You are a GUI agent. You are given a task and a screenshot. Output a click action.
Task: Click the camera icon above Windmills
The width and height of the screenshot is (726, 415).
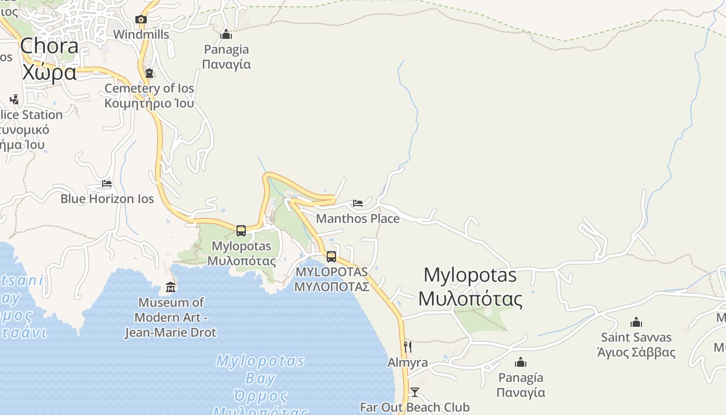[x=141, y=20]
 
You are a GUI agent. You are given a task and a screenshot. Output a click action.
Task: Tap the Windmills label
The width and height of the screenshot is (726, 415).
[x=141, y=35]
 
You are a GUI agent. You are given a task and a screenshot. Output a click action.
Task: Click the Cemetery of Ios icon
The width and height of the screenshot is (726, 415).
[x=149, y=73]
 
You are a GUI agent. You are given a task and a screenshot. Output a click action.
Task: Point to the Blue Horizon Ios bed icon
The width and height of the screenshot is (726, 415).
[x=107, y=184]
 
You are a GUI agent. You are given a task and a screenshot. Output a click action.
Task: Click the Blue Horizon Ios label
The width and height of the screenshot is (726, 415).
[x=107, y=199]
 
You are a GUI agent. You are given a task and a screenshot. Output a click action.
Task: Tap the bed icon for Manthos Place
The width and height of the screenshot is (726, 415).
[x=358, y=203]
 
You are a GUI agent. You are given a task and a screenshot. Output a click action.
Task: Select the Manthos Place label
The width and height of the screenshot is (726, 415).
[x=358, y=218]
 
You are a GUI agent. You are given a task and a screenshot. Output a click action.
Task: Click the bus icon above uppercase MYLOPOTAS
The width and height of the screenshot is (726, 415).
[x=331, y=256]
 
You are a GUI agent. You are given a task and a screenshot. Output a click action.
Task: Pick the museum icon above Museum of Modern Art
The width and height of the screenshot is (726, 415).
[x=171, y=287]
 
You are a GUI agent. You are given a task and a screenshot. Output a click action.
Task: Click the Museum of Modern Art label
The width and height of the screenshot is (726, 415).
[x=171, y=317]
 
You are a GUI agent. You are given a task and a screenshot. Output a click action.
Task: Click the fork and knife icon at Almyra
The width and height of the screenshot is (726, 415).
[x=408, y=347]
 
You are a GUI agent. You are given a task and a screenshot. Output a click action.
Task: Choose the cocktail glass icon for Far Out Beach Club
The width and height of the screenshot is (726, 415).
[x=415, y=392]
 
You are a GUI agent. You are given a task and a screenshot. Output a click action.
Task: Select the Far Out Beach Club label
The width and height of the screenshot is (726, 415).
[x=415, y=407]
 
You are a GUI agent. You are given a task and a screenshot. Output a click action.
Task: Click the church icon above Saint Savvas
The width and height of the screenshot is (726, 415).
[x=636, y=322]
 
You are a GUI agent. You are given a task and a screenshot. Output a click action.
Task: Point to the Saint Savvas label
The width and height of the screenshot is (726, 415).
[x=636, y=345]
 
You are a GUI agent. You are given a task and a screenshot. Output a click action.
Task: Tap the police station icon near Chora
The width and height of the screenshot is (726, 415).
[x=14, y=99]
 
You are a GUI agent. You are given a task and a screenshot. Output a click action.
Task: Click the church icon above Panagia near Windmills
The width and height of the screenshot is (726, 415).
[x=226, y=35]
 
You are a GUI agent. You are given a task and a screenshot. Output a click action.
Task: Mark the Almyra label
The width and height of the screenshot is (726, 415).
[x=408, y=363]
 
